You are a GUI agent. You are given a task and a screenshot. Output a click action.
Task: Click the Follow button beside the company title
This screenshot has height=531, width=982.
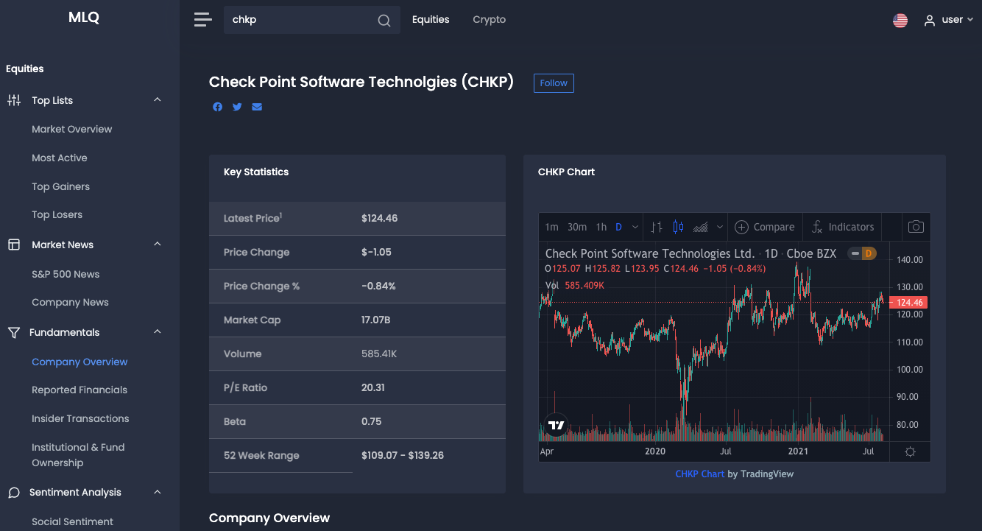554,83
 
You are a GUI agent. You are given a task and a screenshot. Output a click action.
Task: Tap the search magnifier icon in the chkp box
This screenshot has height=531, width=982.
384,21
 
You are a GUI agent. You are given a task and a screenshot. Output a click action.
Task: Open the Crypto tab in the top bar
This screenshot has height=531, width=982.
489,20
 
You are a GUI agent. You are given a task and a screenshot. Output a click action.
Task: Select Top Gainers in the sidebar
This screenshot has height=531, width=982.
60,186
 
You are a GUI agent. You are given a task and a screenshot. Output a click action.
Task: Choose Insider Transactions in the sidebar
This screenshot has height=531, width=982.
80,418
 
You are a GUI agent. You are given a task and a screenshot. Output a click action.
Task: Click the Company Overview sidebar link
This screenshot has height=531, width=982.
80,362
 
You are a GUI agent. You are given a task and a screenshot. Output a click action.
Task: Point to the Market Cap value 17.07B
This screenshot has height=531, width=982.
376,320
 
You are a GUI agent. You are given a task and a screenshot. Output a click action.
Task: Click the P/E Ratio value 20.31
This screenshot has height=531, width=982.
373,387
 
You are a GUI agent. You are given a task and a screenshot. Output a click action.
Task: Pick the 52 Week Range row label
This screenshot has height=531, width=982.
261,455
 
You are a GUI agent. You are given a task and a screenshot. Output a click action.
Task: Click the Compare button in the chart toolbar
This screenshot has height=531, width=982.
765,227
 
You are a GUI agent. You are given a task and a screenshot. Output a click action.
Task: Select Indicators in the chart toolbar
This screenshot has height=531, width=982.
843,227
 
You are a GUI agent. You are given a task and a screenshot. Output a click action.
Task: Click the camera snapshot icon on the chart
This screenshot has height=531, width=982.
916,227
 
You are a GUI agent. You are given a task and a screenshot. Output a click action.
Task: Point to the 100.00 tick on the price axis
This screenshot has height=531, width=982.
910,370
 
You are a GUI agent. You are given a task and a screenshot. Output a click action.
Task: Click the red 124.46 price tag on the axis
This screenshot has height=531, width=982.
909,303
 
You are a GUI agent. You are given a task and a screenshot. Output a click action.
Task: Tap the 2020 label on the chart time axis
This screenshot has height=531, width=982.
654,451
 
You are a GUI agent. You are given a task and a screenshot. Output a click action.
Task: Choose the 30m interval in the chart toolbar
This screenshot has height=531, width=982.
577,227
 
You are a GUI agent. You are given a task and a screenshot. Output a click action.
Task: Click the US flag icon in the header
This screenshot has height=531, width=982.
900,21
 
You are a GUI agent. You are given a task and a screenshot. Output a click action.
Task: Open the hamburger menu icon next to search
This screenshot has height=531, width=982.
202,20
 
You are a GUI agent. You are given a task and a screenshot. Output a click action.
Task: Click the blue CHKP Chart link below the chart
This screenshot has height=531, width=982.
699,474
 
